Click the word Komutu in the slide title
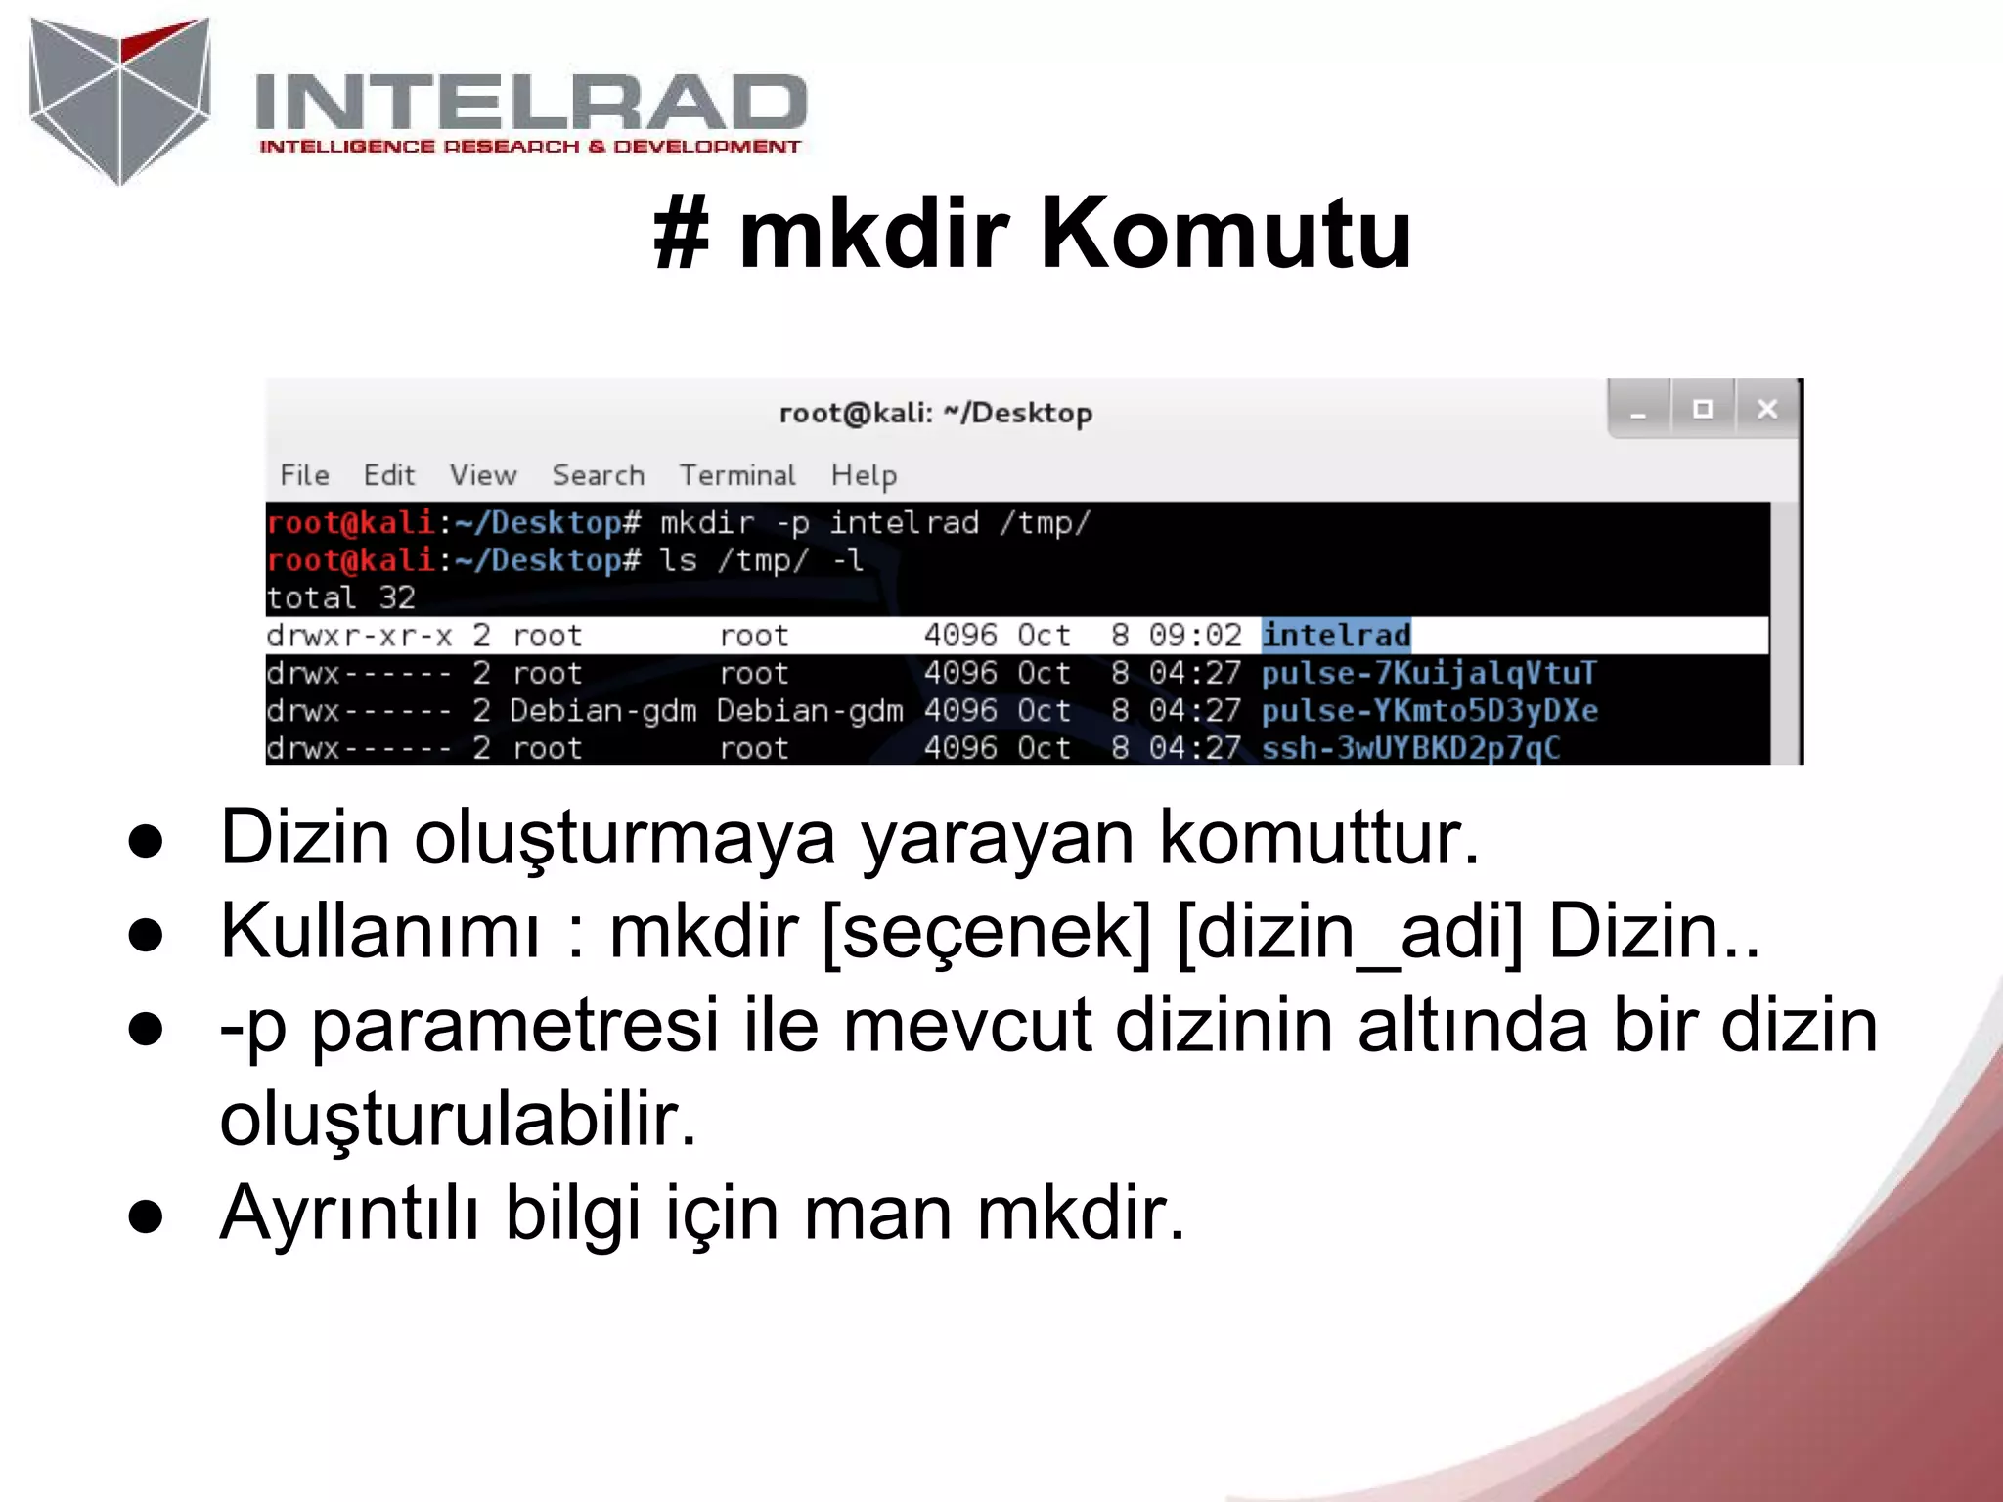1224,234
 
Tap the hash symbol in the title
681,235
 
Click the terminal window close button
1766,409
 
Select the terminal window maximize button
1702,409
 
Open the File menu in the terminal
304,475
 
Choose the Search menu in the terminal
598,475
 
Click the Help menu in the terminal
864,475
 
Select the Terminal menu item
737,475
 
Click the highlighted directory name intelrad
1336,636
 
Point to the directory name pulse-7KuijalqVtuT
1429,673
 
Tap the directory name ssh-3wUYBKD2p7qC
1410,748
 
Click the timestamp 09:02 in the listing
1194,636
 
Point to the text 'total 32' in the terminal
341,597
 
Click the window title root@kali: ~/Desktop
935,413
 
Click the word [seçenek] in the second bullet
987,932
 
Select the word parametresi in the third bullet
514,1026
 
